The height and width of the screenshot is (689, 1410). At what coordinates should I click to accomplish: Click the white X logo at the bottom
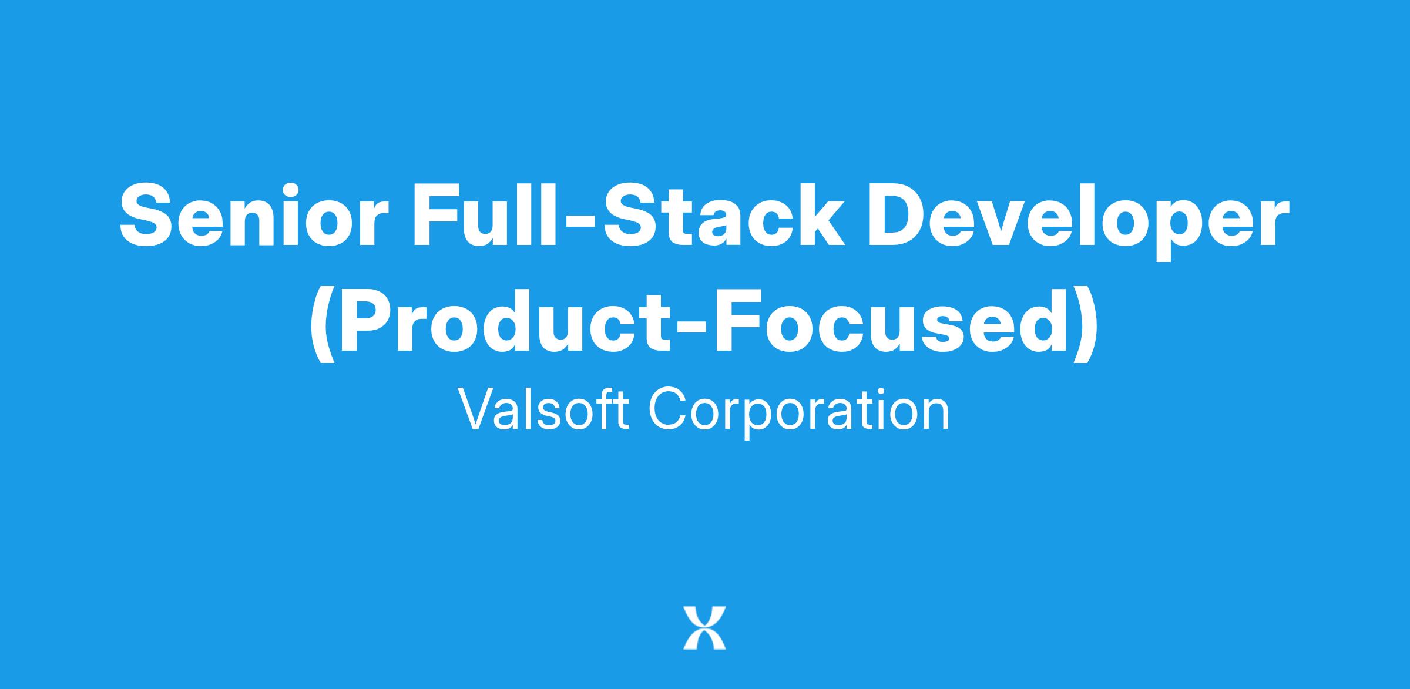[704, 627]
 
